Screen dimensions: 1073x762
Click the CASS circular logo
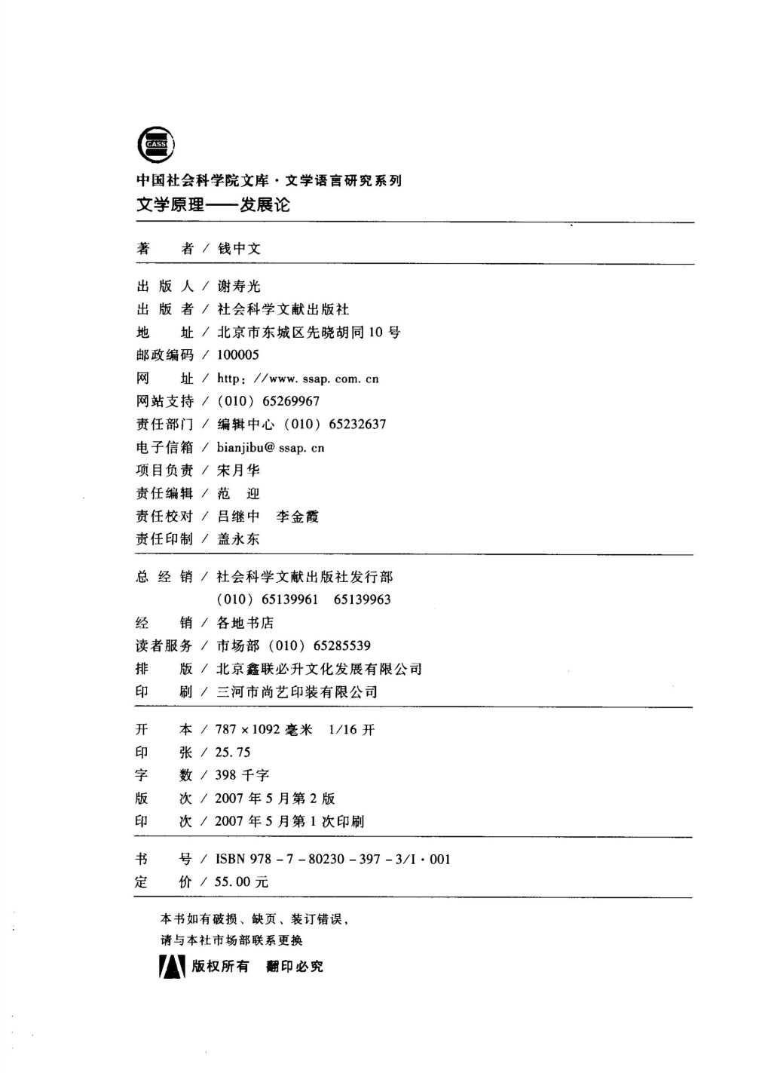pos(155,143)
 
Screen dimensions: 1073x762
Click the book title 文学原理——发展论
pos(213,204)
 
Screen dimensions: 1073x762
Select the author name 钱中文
pos(239,249)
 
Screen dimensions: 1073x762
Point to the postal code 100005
pos(237,355)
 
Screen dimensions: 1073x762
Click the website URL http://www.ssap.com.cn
pos(298,379)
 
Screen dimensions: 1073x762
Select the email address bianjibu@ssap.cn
pos(271,448)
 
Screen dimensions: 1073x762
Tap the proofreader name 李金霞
pos(297,517)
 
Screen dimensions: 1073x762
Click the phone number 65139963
pos(362,599)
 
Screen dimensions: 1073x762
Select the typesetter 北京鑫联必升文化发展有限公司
pos(319,669)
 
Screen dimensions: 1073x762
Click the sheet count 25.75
pos(233,752)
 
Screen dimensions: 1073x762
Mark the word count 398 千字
pos(242,775)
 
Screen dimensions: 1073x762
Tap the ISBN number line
pos(332,859)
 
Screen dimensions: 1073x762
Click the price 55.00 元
pos(242,881)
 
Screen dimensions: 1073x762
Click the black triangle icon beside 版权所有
pos(172,966)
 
